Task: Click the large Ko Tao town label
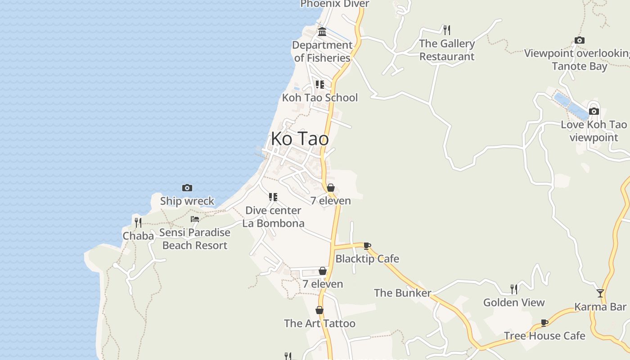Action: pos(300,139)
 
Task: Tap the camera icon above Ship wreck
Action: pos(187,188)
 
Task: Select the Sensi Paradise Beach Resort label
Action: pos(195,239)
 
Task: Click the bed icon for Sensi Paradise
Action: pos(195,219)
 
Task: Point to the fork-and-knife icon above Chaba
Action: pos(138,222)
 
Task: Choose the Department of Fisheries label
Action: pos(322,51)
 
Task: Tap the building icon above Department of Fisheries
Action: pos(322,31)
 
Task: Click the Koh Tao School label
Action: pos(319,98)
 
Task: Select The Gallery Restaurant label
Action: pos(447,50)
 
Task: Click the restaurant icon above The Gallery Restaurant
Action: pos(447,30)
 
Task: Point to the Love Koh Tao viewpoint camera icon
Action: pos(594,111)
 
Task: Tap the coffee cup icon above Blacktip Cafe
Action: pos(367,246)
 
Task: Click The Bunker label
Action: pos(402,293)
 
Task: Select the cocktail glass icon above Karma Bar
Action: pos(600,293)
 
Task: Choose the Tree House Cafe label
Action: pos(544,336)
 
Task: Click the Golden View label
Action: pos(514,302)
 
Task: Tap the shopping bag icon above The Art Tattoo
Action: pos(319,310)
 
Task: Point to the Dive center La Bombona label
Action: pos(273,216)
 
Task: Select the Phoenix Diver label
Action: pos(335,4)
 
